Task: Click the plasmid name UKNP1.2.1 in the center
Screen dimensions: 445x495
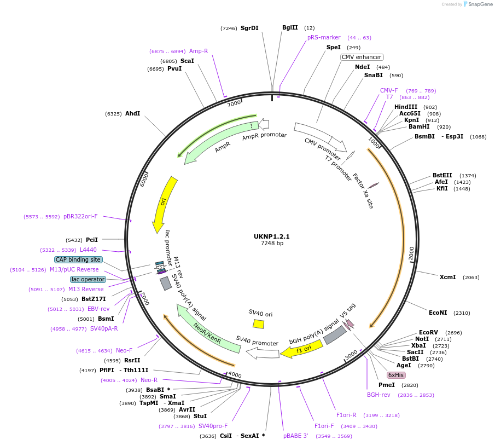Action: coord(271,236)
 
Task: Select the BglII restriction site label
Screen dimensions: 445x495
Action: coord(290,27)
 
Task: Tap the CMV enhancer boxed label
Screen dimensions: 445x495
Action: coord(362,57)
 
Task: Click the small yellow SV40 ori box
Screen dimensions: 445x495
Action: coord(258,324)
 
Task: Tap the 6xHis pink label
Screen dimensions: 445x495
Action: coord(395,375)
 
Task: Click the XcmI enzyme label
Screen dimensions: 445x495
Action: coord(447,277)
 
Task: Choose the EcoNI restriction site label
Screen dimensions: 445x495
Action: coord(438,313)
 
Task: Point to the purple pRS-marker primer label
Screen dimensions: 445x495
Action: coord(324,38)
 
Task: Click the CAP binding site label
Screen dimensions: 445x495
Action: coord(78,259)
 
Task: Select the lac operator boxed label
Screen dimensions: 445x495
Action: coord(88,279)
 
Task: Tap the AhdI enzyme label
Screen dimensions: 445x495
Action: coord(132,113)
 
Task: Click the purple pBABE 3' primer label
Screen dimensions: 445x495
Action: coord(296,436)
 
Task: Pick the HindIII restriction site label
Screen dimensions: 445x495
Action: coord(406,107)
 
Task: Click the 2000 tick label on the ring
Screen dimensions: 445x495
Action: coord(411,253)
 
